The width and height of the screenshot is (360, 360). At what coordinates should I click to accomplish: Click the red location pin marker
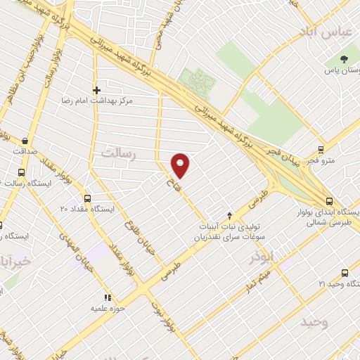(x=181, y=165)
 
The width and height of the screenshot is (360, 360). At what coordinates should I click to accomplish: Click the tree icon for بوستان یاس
(x=344, y=59)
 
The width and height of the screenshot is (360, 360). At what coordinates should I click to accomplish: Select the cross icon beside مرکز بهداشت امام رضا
(x=96, y=90)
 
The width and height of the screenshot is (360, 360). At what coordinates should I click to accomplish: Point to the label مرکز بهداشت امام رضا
(x=136, y=101)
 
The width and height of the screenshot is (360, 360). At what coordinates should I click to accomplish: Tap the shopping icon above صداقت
(x=26, y=140)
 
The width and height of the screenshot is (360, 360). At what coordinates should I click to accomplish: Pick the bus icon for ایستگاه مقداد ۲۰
(x=87, y=198)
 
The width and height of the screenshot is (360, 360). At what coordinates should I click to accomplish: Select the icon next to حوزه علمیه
(x=108, y=297)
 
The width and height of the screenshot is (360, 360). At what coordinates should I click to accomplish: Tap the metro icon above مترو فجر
(x=321, y=149)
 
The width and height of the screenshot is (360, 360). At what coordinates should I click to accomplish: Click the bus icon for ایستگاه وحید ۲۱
(x=345, y=273)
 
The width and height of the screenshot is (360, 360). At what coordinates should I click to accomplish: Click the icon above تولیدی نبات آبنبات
(x=229, y=215)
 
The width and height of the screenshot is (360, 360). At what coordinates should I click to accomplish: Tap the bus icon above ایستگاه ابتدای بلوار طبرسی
(x=329, y=200)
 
